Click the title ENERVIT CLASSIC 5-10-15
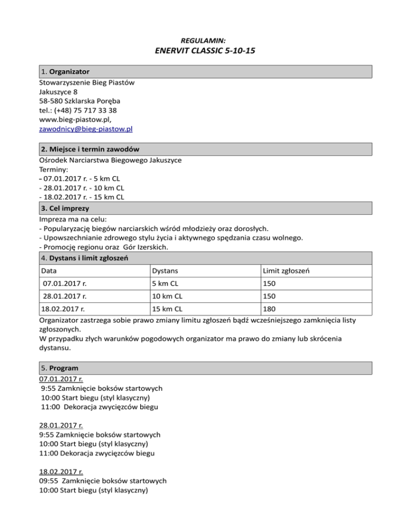(205, 51)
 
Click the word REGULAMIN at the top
(205, 40)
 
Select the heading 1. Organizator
(65, 71)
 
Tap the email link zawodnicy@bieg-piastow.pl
(86, 129)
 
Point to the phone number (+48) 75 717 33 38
(86, 110)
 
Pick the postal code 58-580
(51, 101)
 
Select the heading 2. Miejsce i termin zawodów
(90, 148)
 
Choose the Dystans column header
(165, 272)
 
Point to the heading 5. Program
(59, 368)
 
